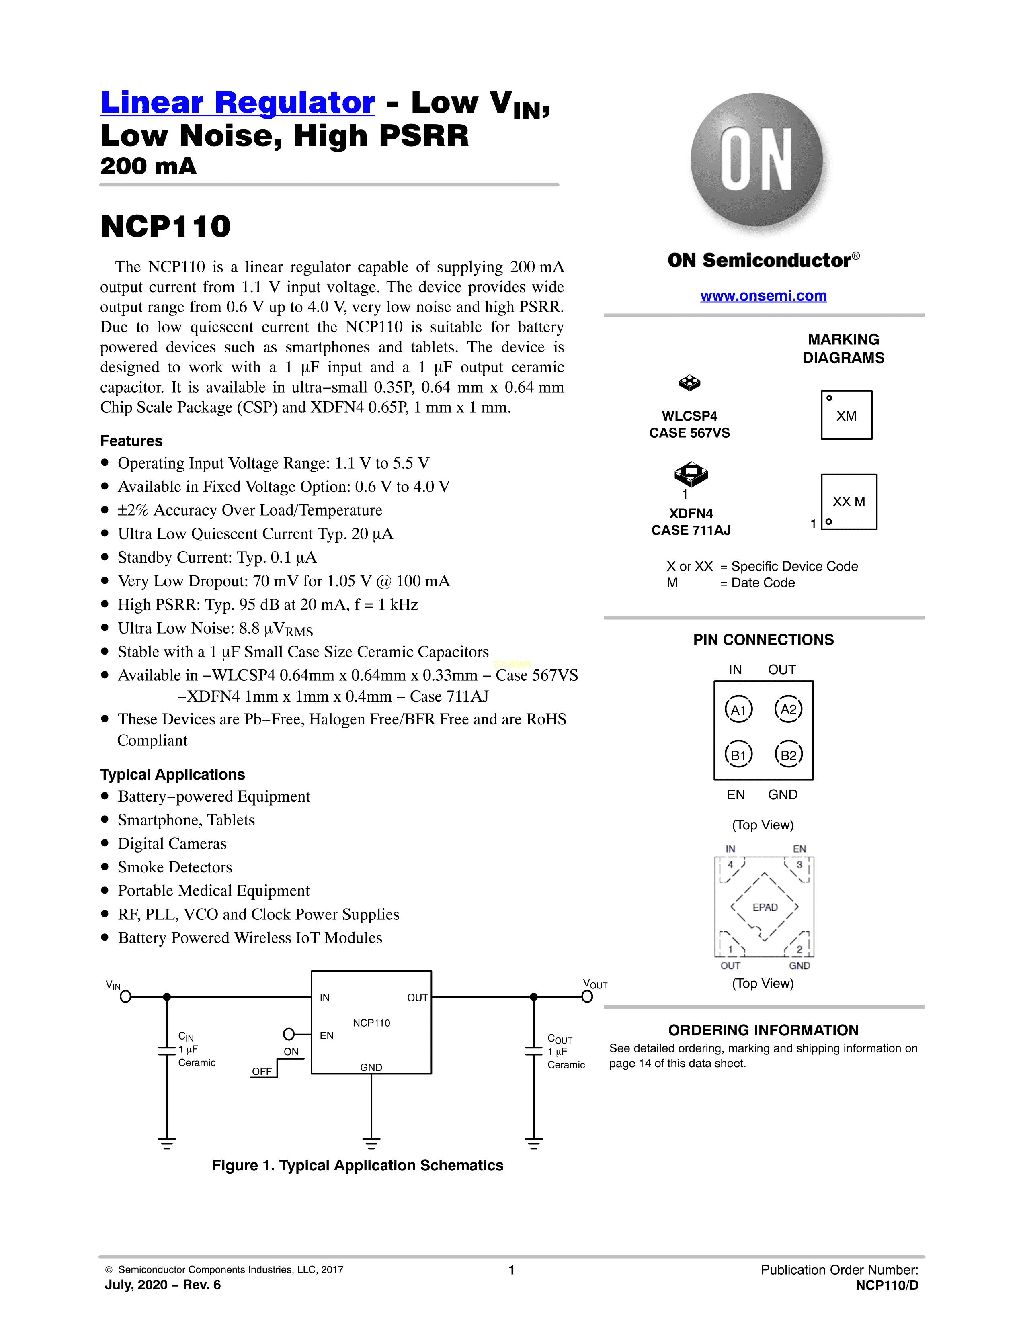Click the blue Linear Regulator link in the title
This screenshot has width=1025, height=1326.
click(x=238, y=102)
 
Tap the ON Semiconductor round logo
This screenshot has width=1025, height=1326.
click(x=756, y=160)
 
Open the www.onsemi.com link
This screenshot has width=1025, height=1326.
click(x=763, y=296)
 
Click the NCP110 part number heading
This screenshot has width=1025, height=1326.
click(x=166, y=227)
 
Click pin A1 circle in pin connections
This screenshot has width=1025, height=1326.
click(x=738, y=710)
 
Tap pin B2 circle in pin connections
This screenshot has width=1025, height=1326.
click(x=788, y=755)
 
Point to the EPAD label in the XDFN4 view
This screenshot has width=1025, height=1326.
click(x=765, y=907)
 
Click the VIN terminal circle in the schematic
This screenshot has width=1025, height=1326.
click(x=126, y=997)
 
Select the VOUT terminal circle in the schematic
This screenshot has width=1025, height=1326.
click(x=587, y=997)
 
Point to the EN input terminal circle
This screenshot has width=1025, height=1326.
click(x=289, y=1034)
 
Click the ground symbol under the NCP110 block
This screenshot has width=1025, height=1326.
click(x=371, y=1143)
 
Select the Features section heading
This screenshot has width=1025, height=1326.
click(x=131, y=441)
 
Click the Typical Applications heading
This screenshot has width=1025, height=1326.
click(x=172, y=774)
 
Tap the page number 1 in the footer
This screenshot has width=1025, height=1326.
click(x=512, y=1269)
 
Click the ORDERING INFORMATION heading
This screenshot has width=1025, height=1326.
click(x=763, y=1030)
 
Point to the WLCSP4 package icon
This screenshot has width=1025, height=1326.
click(x=689, y=383)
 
